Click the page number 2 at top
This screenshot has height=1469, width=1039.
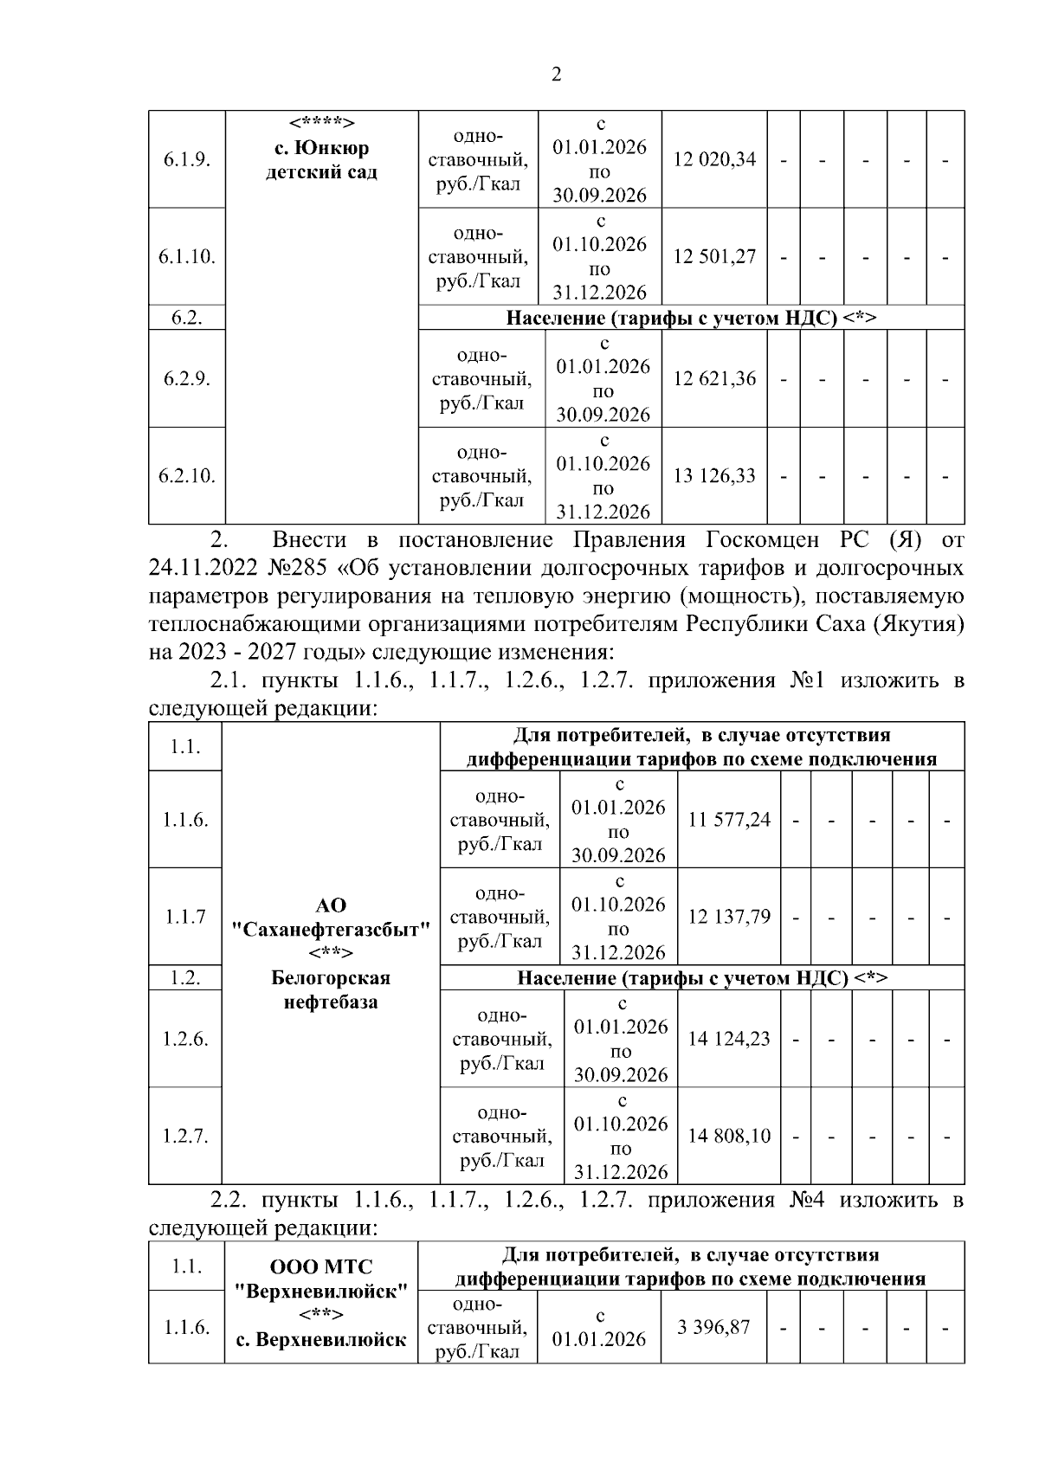pos(556,74)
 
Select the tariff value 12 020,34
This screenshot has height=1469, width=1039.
pos(714,159)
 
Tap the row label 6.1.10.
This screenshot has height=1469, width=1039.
pos(187,257)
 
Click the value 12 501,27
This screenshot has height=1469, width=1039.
pos(714,257)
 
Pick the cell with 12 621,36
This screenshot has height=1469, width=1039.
pos(714,379)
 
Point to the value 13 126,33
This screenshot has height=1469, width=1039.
pos(714,476)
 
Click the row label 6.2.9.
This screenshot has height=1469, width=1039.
pos(187,379)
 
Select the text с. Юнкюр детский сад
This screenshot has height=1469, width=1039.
pos(321,160)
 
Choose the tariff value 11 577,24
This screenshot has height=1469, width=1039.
pos(729,819)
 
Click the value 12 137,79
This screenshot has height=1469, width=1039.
pos(729,917)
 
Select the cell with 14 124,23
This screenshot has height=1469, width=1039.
pos(729,1039)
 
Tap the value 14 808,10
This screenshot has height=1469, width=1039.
pos(729,1136)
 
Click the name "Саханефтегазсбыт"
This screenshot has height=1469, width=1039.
pos(331,930)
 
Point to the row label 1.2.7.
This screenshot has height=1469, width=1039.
pos(185,1136)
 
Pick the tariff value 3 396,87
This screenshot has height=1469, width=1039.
pos(713,1327)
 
